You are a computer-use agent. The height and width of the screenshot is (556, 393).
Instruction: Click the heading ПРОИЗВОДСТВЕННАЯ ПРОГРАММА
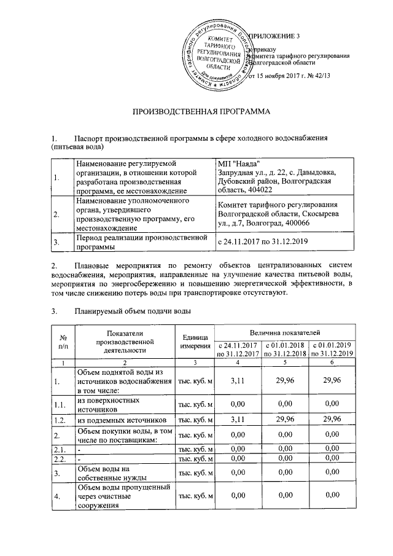point(202,112)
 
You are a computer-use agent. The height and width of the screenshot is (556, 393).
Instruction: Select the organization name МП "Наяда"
point(238,163)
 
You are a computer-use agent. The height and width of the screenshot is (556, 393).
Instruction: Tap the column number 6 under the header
point(332,363)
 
